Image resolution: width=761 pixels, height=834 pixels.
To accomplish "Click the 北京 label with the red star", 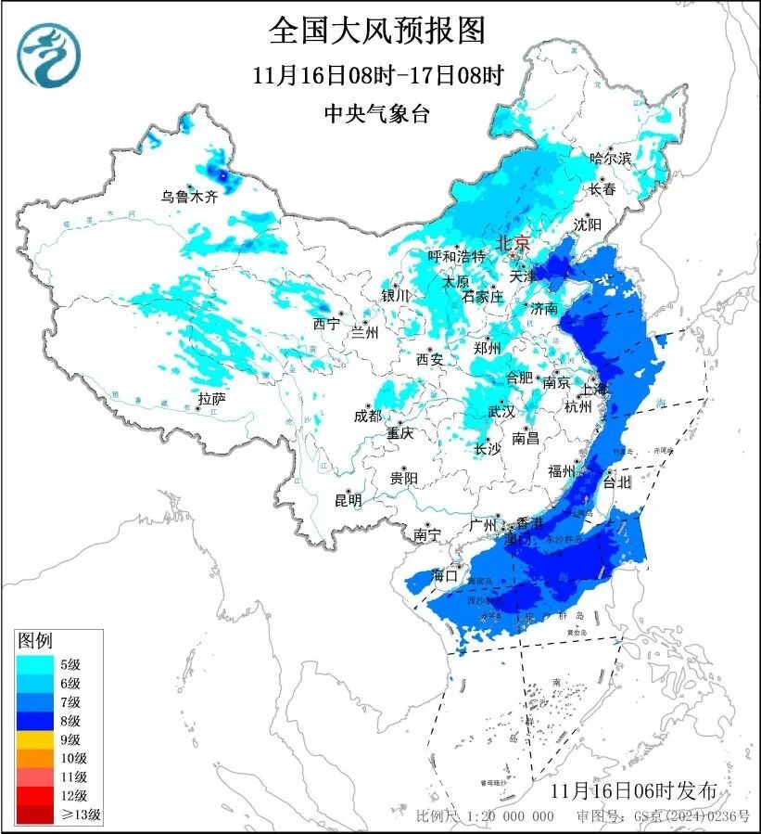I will point(512,243).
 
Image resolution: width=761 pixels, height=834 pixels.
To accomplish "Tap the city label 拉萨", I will point(211,399).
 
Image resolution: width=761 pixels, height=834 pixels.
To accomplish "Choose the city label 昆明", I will point(348,500).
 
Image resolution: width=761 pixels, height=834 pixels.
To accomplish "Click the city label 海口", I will point(446,576).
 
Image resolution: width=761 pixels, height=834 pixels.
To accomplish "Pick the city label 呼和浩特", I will point(456,256).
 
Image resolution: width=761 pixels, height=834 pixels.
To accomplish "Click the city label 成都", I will point(367,417).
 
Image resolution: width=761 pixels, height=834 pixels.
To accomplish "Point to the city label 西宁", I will point(326,324).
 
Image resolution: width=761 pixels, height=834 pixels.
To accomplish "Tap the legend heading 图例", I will point(35,640).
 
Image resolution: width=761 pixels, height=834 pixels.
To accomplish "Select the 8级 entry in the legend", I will point(56,721).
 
